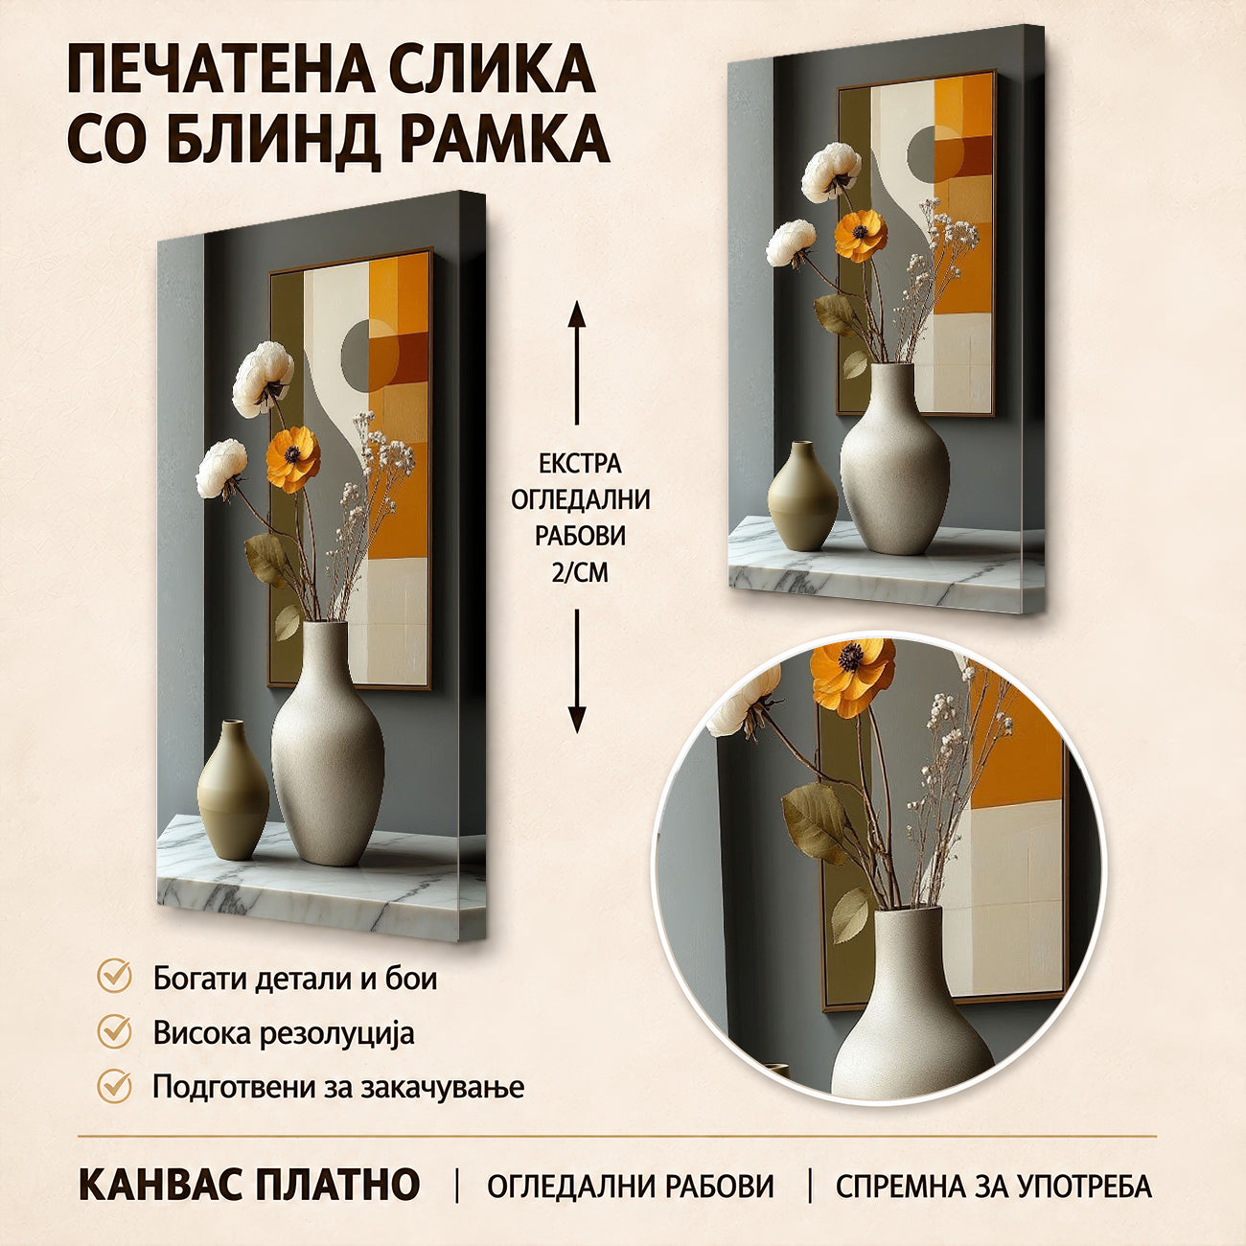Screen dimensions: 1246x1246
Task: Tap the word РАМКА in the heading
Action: click(x=506, y=139)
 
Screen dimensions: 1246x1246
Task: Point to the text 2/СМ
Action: click(x=580, y=572)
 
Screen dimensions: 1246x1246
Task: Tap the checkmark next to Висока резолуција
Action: click(x=114, y=1031)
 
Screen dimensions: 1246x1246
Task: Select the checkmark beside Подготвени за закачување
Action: click(x=114, y=1086)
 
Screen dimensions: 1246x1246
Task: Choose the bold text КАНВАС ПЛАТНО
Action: click(x=249, y=1184)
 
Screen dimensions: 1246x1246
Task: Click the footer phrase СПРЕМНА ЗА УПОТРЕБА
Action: click(x=994, y=1186)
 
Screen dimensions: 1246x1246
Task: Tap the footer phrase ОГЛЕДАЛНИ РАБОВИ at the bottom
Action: click(x=631, y=1186)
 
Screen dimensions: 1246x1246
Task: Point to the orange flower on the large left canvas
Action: click(x=293, y=458)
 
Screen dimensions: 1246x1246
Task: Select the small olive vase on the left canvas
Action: click(x=233, y=790)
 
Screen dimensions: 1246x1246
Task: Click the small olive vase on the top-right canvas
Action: click(x=802, y=496)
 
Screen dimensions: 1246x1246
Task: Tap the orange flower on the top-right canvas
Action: click(x=861, y=236)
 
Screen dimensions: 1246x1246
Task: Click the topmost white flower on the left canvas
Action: click(x=263, y=379)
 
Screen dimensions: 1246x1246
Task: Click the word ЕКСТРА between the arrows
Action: click(x=580, y=464)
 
